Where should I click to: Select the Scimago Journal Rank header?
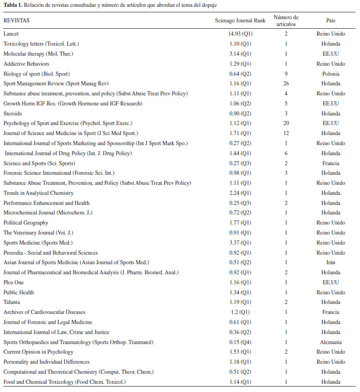(x=240, y=21)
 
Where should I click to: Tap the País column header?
(x=331, y=21)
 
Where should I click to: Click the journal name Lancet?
(x=11, y=34)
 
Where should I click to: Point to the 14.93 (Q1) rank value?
(x=240, y=34)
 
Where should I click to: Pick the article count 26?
(x=286, y=84)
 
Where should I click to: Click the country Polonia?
(x=331, y=73)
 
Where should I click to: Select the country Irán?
(x=331, y=262)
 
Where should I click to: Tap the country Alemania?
(x=331, y=342)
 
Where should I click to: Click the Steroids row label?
(x=13, y=113)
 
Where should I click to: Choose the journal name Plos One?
(x=14, y=282)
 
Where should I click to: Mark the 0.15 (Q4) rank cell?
(x=240, y=342)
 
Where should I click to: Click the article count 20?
(x=286, y=123)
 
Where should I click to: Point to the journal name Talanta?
(x=12, y=302)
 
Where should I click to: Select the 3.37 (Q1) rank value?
(x=240, y=243)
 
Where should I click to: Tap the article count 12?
(x=286, y=133)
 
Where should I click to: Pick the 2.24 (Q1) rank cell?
(x=240, y=193)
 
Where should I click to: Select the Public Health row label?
(x=19, y=293)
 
